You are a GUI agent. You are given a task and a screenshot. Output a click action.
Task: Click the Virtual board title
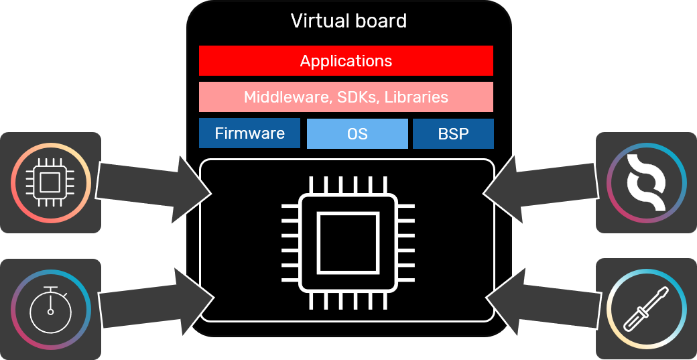(x=348, y=21)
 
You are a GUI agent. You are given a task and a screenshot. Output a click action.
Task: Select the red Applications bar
(x=346, y=61)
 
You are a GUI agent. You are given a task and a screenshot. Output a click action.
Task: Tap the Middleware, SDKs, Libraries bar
(x=346, y=97)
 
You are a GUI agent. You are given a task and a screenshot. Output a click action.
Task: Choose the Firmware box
(x=249, y=133)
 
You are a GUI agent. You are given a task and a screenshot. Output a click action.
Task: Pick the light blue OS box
(x=357, y=133)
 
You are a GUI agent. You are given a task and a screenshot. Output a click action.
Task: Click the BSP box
(x=453, y=133)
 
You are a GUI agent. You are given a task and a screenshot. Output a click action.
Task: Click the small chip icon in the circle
(x=51, y=182)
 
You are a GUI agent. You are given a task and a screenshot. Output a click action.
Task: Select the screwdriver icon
(x=646, y=309)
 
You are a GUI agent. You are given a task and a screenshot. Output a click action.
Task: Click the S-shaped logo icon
(x=646, y=182)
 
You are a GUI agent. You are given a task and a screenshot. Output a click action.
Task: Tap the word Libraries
(x=416, y=97)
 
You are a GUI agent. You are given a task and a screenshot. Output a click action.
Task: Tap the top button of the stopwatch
(x=51, y=288)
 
